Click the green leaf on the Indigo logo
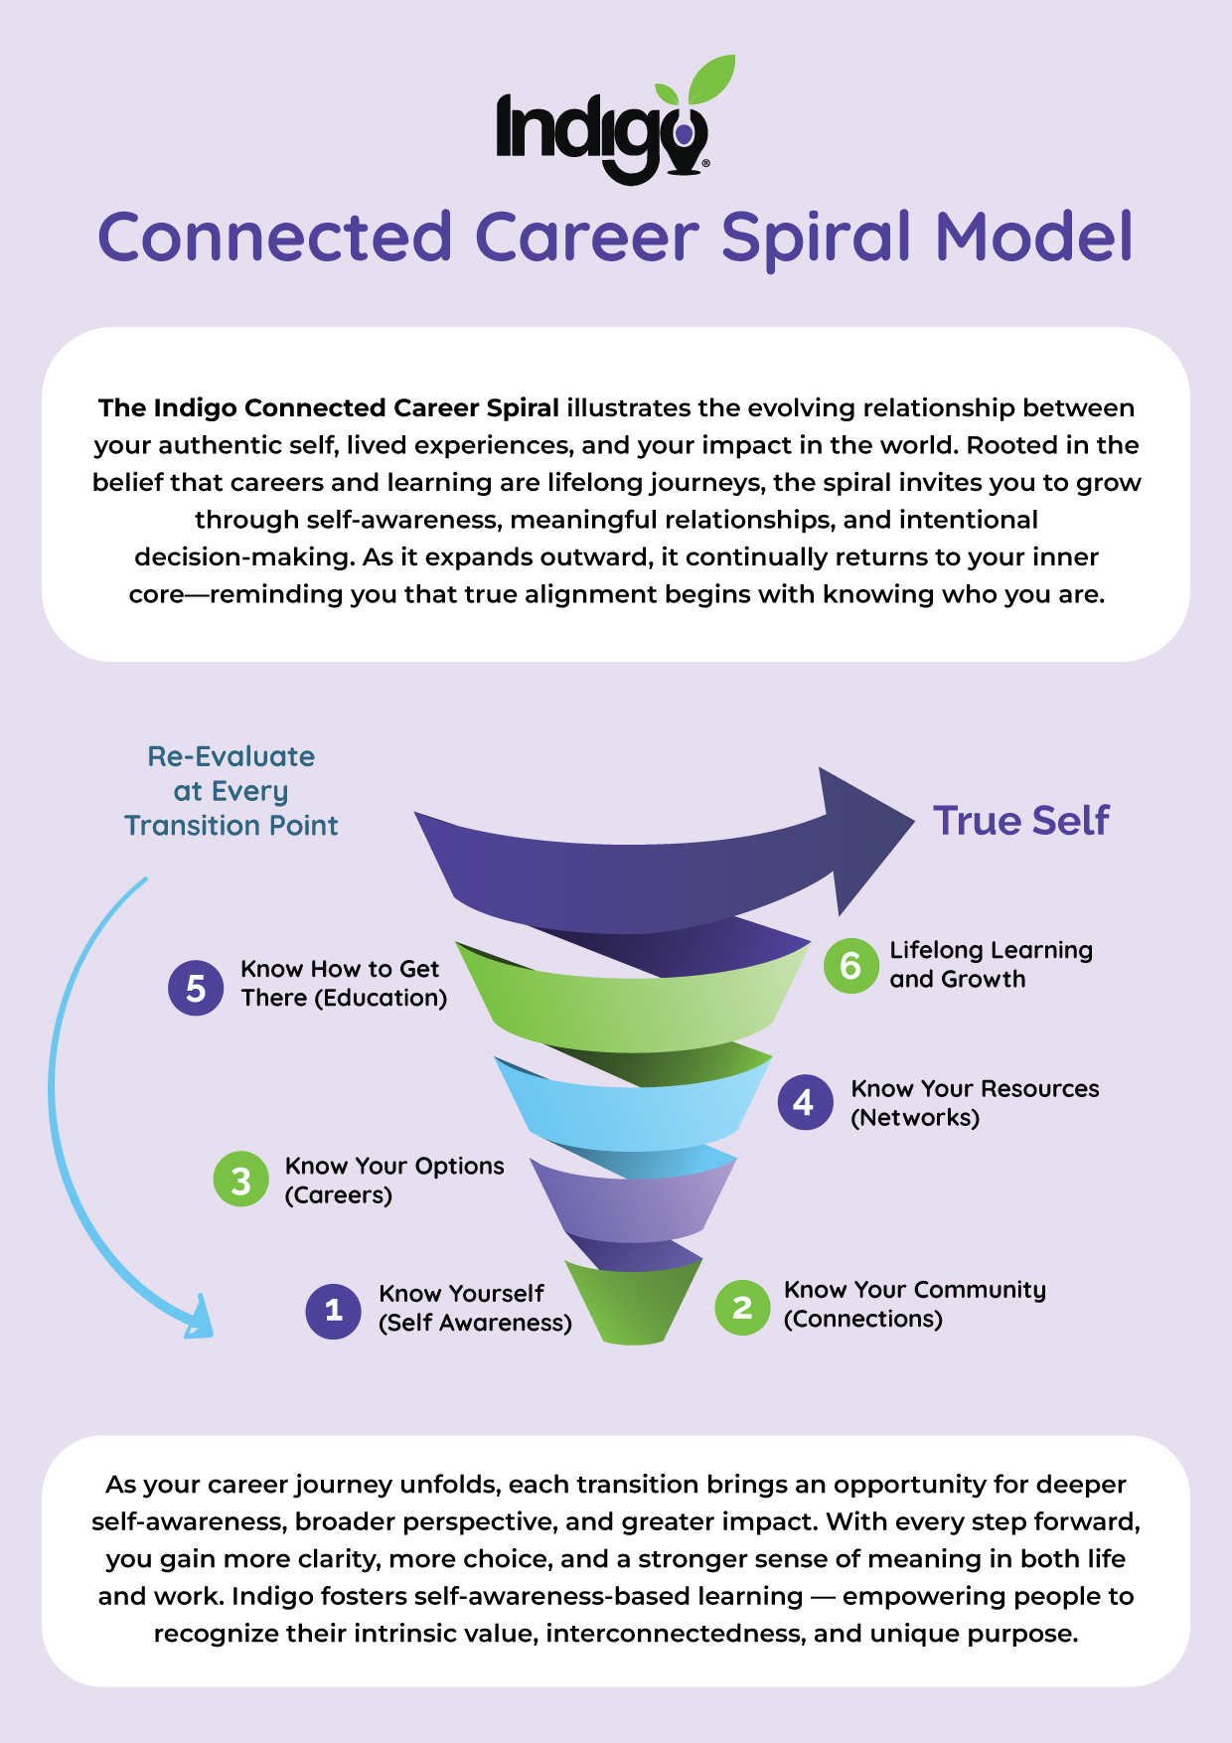pos(712,79)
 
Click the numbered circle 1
pos(333,1310)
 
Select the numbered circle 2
pos(742,1307)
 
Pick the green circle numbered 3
pos(240,1180)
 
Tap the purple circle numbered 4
pos(805,1102)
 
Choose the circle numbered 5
pos(196,988)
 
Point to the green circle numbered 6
pos(850,965)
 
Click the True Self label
pos(1020,821)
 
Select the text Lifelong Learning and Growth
pos(990,965)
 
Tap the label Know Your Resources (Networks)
pos(974,1103)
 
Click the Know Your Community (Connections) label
pos(914,1304)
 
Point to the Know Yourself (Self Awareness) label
pos(475,1308)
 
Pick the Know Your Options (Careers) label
pos(393,1180)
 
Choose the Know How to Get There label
pos(343,984)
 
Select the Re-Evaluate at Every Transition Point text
pos(231,791)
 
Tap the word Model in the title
pos(1033,239)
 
